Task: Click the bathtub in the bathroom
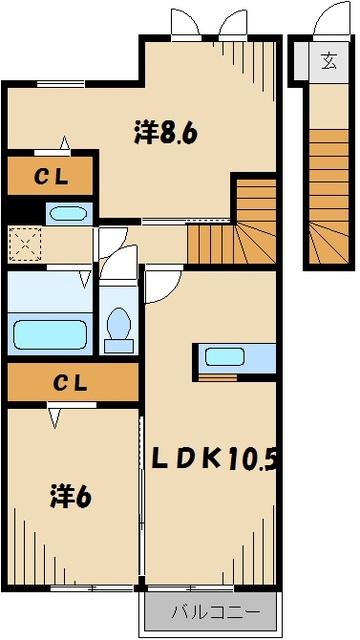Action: pos(51,331)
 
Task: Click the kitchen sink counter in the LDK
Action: pos(237,357)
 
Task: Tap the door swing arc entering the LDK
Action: pos(160,287)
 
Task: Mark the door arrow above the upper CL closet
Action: pos(65,142)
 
